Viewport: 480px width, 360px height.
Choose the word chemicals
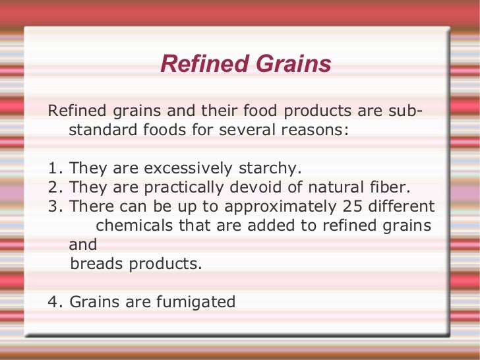click(x=135, y=225)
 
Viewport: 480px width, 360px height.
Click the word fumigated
click(x=196, y=302)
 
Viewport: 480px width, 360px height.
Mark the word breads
click(x=95, y=264)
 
